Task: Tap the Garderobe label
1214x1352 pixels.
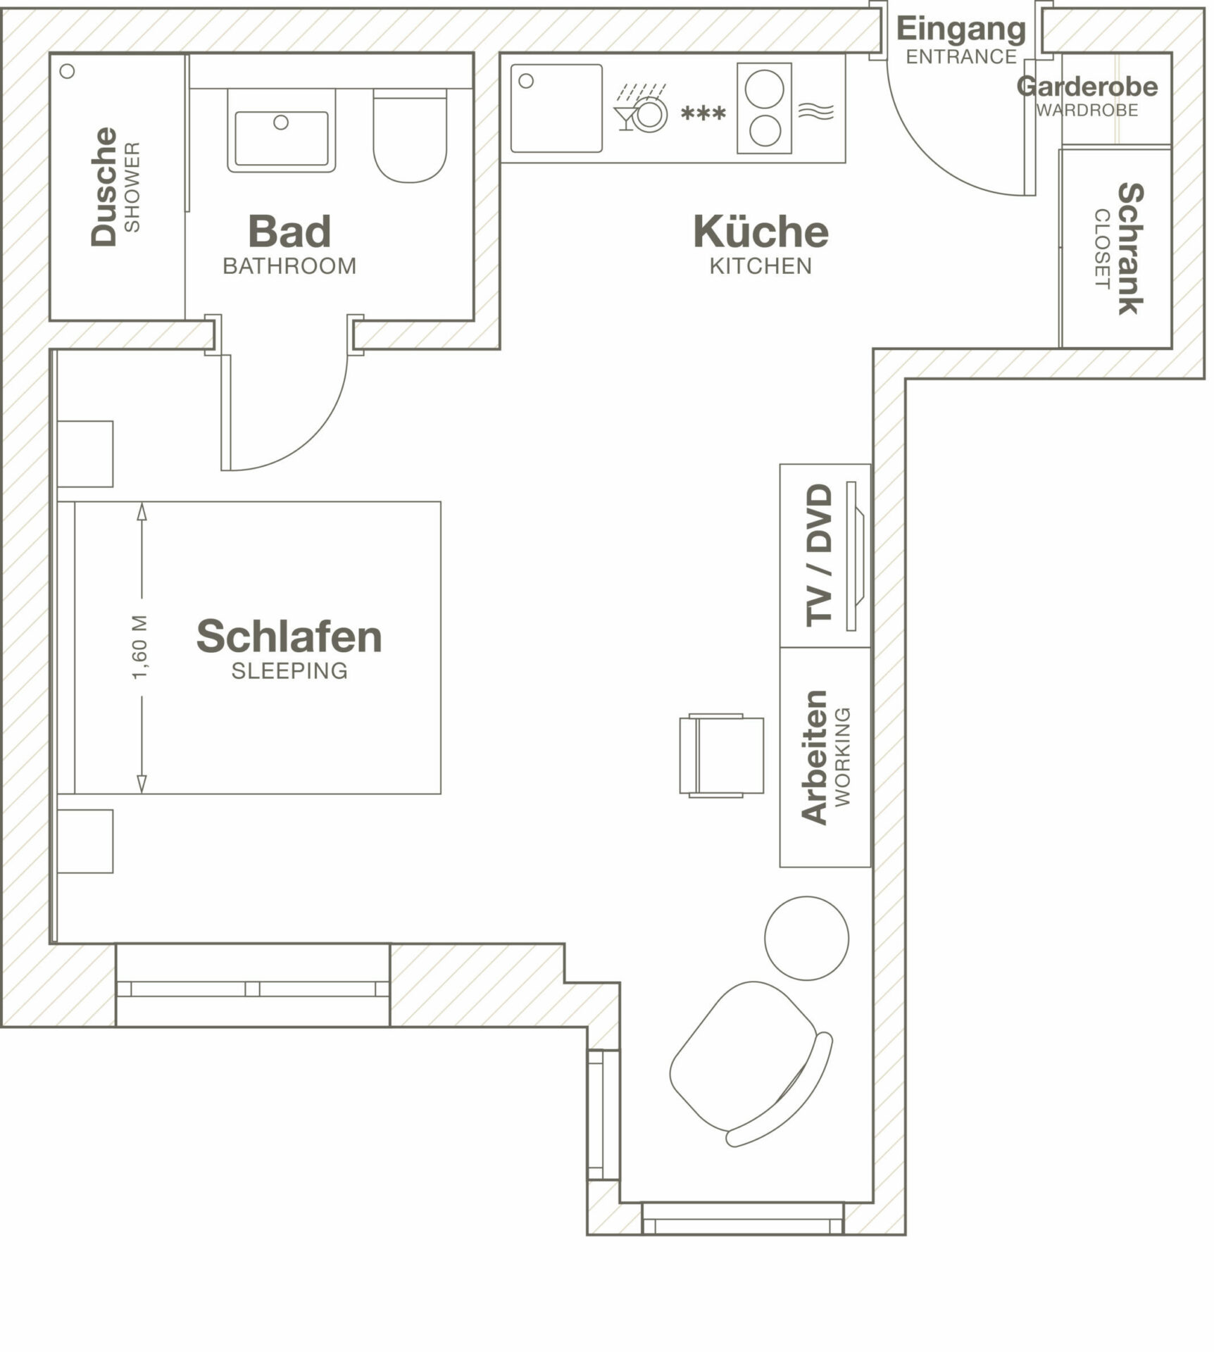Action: [1087, 87]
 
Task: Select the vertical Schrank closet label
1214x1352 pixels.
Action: [1131, 249]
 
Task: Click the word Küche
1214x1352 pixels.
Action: [761, 231]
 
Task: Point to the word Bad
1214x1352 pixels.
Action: [289, 232]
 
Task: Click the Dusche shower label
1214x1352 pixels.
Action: [104, 187]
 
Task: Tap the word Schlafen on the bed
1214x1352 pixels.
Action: [289, 637]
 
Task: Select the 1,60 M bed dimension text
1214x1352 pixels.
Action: [140, 647]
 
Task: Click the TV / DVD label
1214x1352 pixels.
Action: [820, 554]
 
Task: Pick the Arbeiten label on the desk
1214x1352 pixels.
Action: [815, 757]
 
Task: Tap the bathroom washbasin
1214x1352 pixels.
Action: [282, 131]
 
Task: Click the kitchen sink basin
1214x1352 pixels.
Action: [556, 108]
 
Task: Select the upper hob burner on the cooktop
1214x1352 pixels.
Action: [765, 89]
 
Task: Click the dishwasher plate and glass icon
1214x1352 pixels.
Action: [641, 109]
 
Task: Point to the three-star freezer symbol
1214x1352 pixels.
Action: [703, 113]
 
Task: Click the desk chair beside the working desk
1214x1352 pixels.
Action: [722, 756]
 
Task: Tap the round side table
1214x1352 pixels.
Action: [807, 938]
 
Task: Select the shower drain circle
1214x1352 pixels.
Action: [68, 71]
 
